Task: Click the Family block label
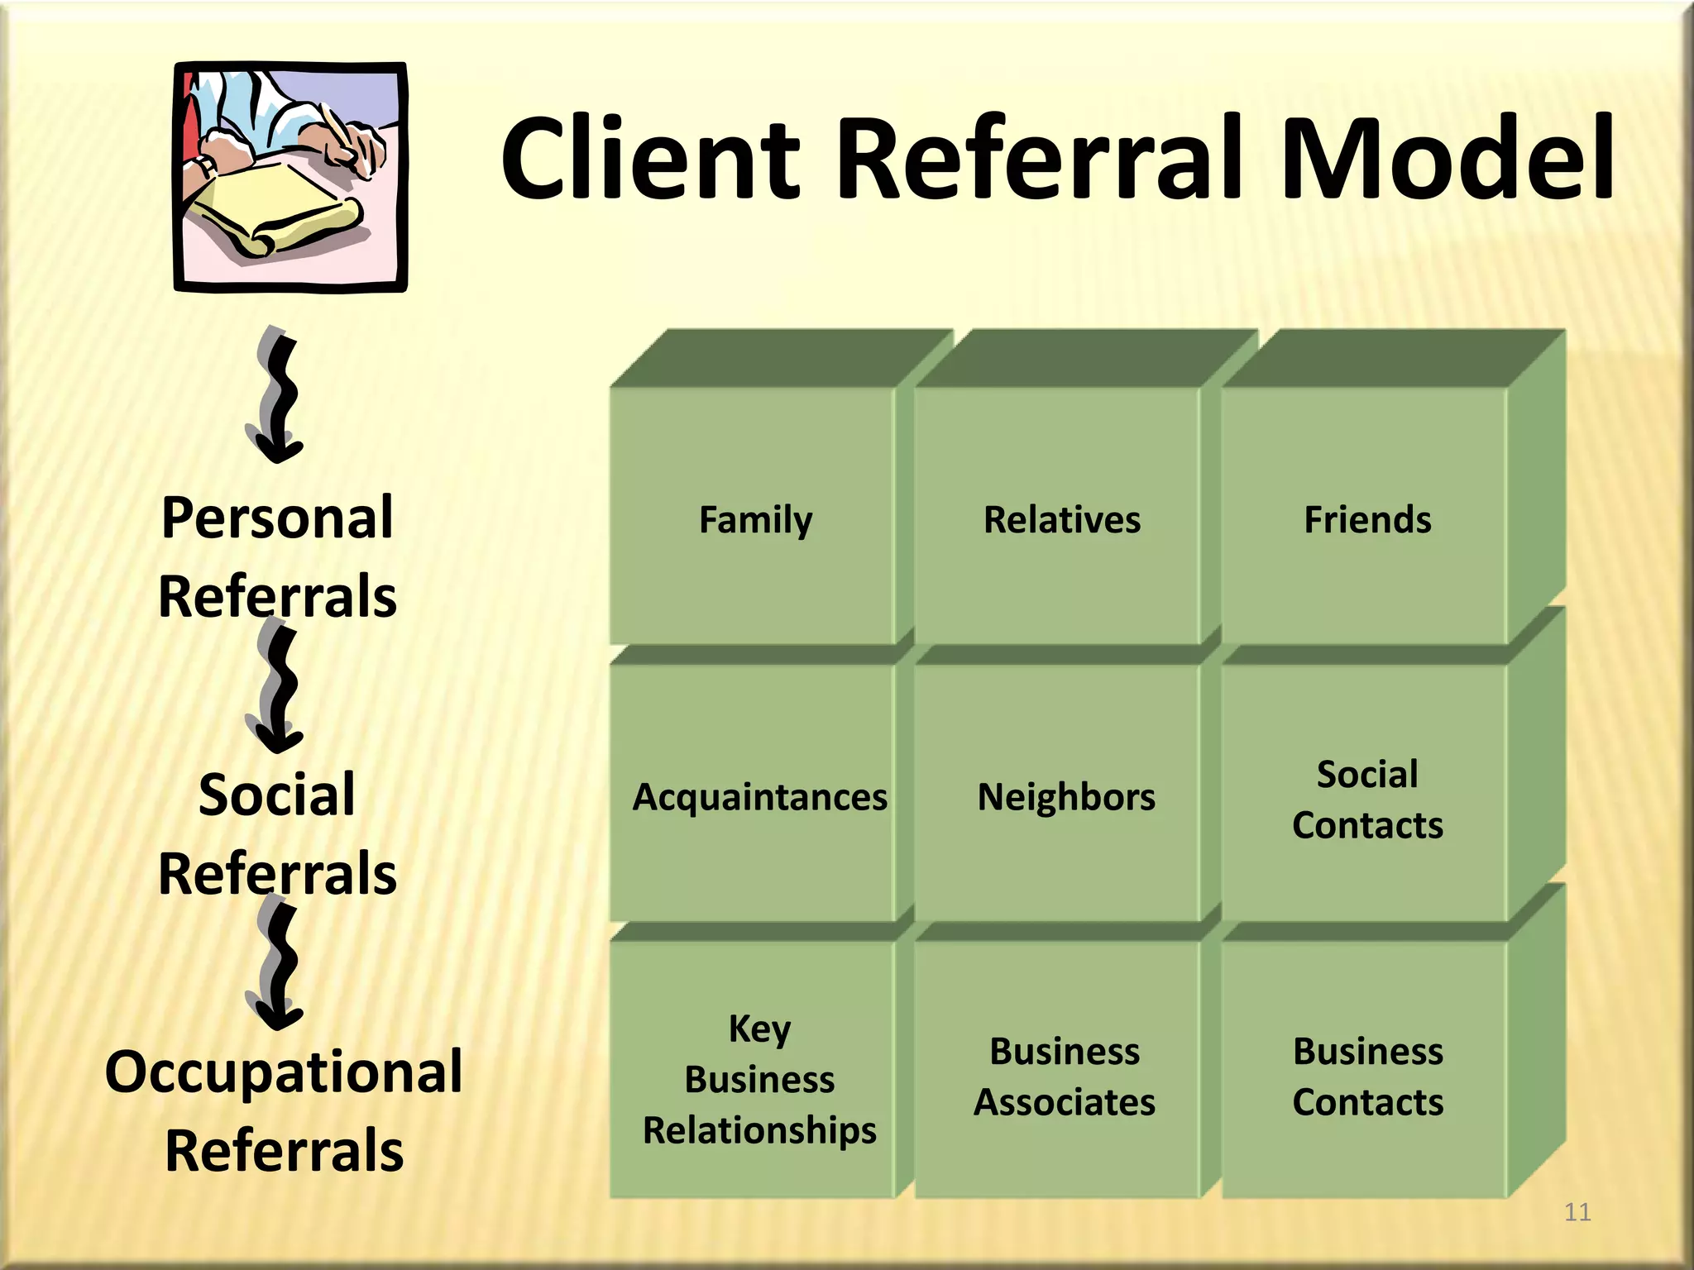[x=755, y=520]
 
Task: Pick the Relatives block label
[x=1062, y=520]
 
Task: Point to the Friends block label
[x=1367, y=520]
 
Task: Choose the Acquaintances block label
[x=759, y=797]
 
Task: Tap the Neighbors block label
[x=1066, y=797]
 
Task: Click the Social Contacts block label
[x=1367, y=800]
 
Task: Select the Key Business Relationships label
[x=759, y=1079]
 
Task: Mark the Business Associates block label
[x=1065, y=1077]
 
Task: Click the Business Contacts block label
[x=1368, y=1077]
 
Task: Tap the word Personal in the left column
[x=277, y=518]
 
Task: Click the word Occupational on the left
[x=284, y=1072]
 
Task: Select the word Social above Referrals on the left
[x=277, y=795]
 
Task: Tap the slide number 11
[x=1577, y=1212]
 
